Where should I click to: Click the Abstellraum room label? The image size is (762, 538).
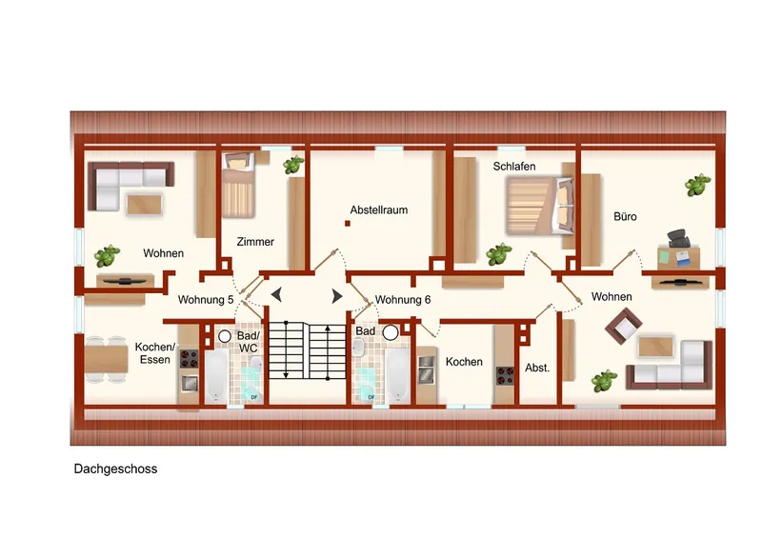pos(378,210)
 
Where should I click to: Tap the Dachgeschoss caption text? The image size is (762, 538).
pos(115,469)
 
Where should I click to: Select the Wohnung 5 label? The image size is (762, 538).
pos(206,300)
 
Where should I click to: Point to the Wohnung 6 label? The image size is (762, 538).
pos(403,300)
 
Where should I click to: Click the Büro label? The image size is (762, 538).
pos(625,217)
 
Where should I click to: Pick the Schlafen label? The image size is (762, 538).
pos(514,167)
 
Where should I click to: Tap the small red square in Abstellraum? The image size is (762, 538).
pos(348,224)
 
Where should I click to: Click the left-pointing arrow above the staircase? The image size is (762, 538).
pos(276,295)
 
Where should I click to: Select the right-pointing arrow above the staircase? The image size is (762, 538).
pos(337,295)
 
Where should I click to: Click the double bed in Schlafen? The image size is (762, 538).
pos(539,206)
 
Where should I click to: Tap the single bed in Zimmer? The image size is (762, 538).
pos(238,185)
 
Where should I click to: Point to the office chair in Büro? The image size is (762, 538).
pos(679,239)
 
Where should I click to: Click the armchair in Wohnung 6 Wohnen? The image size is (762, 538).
pos(623,326)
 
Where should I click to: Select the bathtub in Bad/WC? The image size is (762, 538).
pos(216,377)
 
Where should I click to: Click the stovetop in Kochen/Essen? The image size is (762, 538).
pos(189,359)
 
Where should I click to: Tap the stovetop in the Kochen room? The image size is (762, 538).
pos(505,376)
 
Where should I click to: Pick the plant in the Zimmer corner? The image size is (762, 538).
pos(293,166)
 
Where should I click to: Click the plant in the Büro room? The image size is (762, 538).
pos(697,185)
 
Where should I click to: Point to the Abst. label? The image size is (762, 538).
pos(537,369)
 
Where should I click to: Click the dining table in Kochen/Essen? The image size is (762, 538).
pos(106,360)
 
